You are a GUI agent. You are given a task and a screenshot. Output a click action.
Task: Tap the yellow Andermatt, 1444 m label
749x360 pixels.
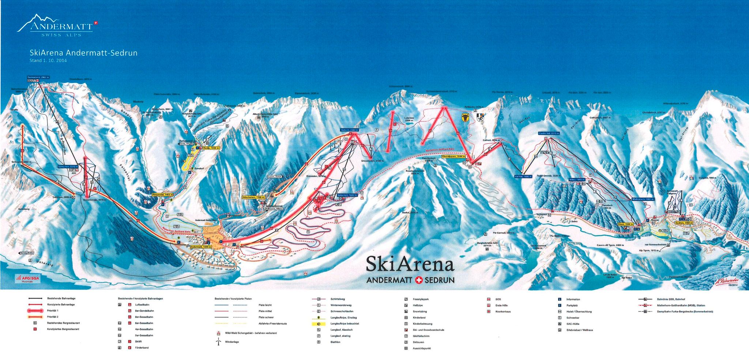(x=201, y=247)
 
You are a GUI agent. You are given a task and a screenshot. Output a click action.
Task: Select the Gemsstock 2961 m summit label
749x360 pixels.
(x=38, y=78)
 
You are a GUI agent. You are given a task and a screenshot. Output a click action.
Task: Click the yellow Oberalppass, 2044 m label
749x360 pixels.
(x=454, y=156)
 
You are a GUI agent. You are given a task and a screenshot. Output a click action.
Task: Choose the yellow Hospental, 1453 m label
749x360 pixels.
(x=163, y=195)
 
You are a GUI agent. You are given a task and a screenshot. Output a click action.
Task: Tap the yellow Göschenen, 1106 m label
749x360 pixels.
(x=253, y=197)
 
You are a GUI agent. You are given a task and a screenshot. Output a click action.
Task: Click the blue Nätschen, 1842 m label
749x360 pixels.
(x=347, y=195)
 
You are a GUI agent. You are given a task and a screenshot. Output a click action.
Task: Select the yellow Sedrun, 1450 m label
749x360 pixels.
(x=684, y=223)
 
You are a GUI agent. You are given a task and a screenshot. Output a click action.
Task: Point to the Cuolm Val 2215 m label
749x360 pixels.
(x=549, y=134)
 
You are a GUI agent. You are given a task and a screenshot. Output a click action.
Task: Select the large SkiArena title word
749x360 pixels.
(x=410, y=264)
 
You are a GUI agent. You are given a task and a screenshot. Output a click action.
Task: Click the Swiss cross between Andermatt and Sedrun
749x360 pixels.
(x=419, y=280)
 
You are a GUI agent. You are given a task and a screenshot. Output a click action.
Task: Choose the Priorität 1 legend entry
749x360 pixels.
(x=53, y=311)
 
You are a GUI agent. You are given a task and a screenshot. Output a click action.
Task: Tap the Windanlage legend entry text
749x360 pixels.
(x=232, y=342)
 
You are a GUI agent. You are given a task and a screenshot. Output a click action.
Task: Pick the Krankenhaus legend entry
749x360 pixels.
(x=503, y=312)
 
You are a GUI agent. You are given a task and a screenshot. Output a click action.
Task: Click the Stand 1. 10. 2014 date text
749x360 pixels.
(x=48, y=61)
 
